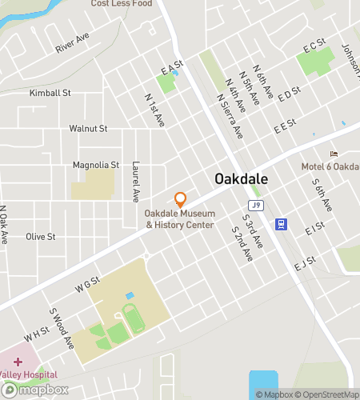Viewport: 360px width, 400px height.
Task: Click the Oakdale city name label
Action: point(240,178)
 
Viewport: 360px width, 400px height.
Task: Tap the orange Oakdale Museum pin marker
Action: point(180,199)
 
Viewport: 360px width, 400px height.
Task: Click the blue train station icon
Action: point(281,224)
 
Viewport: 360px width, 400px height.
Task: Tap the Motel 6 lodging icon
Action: point(334,154)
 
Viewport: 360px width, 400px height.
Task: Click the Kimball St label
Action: point(50,93)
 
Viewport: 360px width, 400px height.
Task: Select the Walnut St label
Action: point(88,128)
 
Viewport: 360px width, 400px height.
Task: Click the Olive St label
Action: point(40,237)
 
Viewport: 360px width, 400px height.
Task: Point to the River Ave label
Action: point(72,44)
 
